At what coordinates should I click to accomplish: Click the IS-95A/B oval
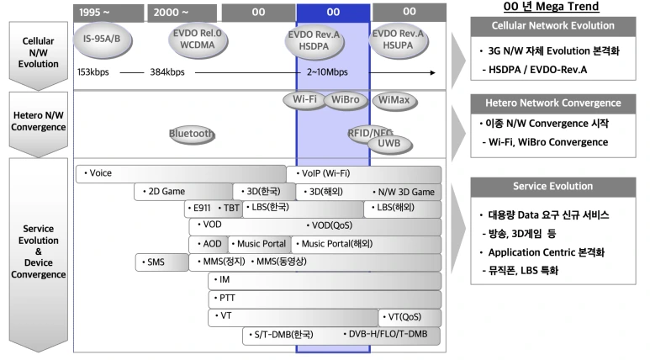pos(103,40)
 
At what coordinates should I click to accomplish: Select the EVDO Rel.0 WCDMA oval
pos(198,40)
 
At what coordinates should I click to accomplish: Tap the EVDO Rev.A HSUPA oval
pos(398,40)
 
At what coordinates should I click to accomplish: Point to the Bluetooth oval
pos(192,134)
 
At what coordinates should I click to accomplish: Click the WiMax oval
pos(394,100)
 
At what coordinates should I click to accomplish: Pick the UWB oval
pos(389,144)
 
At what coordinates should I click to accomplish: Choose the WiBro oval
pos(346,100)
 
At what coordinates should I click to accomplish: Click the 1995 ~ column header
pos(108,13)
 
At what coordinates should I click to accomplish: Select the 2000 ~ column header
pos(182,13)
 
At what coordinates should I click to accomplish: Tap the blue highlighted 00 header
pos(333,13)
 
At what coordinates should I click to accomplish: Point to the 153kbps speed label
pos(92,72)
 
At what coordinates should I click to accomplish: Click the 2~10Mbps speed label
pos(327,72)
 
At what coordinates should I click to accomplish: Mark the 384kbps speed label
pos(167,72)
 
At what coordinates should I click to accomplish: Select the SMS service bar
pos(162,262)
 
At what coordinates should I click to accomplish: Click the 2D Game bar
pos(183,192)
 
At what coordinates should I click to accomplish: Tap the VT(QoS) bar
pos(410,317)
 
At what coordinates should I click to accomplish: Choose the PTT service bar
pos(325,299)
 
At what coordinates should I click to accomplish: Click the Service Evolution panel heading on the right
pos(553,187)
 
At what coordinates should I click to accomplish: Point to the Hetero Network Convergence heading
pos(553,103)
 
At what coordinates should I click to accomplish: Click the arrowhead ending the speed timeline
pos(433,72)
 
